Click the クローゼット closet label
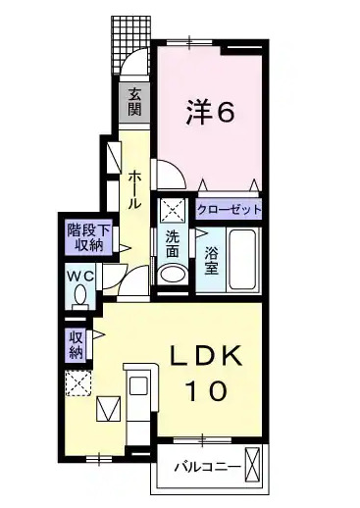tap(230, 209)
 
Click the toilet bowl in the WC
tap(79, 293)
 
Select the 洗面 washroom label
tap(172, 243)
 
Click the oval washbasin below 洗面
tap(172, 276)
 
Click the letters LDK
tap(207, 355)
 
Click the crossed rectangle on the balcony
tap(254, 465)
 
